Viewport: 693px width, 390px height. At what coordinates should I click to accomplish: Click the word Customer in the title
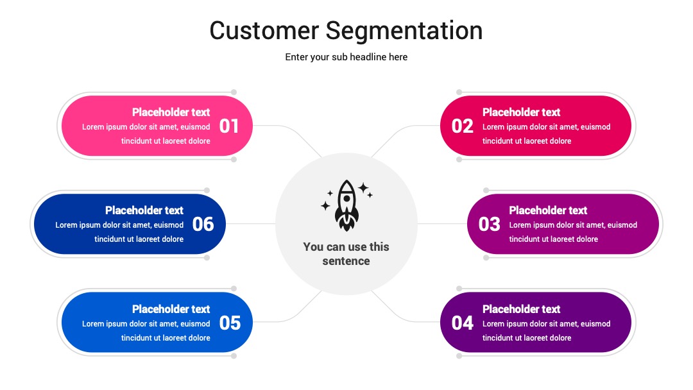pos(264,31)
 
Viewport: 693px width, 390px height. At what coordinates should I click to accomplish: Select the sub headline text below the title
pos(346,57)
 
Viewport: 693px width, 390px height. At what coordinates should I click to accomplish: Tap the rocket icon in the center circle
pos(347,205)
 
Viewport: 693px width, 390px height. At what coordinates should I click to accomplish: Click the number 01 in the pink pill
pos(229,126)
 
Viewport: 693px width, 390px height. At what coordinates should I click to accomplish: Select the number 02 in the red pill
pos(462,126)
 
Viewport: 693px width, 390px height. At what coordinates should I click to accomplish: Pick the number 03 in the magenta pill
pos(489,225)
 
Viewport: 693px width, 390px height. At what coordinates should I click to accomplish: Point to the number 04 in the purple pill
pos(462,323)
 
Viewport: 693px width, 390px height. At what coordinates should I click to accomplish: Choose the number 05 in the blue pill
pos(230,323)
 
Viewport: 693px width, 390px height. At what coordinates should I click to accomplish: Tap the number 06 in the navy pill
pos(203,225)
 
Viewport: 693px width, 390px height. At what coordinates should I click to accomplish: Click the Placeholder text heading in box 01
pos(171,112)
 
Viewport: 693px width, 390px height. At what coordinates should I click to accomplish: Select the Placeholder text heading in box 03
pos(548,210)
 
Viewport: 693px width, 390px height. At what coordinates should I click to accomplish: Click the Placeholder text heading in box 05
pos(171,309)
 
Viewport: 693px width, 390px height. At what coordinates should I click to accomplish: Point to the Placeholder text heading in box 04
pos(522,309)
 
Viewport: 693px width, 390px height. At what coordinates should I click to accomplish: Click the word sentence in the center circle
pos(346,261)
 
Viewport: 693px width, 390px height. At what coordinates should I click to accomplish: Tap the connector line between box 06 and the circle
pos(251,223)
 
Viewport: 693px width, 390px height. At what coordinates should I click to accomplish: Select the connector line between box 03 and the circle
pos(442,223)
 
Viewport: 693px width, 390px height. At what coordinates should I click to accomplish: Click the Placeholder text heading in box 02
pos(522,112)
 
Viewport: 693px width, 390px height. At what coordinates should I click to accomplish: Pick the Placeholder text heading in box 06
pos(144,210)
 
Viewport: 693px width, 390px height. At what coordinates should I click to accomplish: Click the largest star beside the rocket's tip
pos(363,188)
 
